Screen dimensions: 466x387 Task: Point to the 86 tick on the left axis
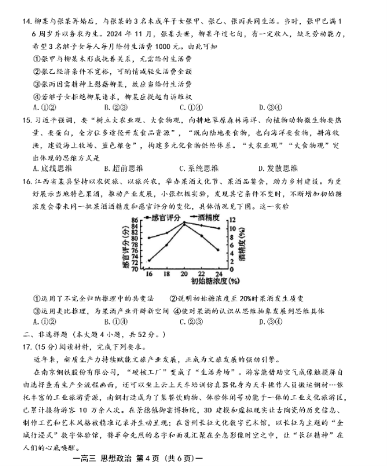click(134, 220)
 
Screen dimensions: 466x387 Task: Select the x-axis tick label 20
click(183, 274)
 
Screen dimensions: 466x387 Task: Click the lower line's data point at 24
click(218, 250)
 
